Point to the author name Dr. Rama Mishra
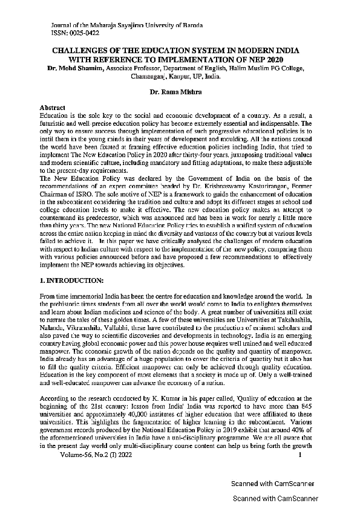pyautogui.click(x=179, y=91)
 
